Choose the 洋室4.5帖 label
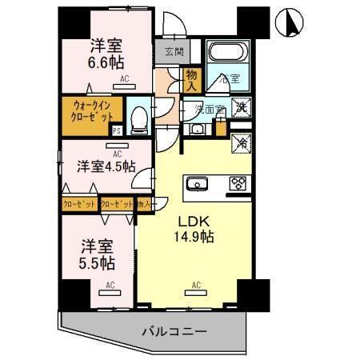[106, 166]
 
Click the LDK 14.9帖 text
[194, 229]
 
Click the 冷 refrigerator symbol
[240, 142]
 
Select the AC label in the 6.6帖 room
[125, 79]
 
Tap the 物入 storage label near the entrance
[192, 78]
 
